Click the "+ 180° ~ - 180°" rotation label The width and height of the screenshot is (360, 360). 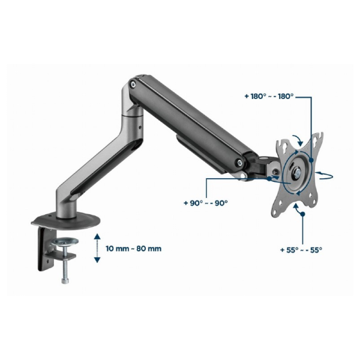[269, 96]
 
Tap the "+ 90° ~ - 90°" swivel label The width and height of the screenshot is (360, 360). [206, 203]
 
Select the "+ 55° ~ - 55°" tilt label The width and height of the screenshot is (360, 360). [301, 250]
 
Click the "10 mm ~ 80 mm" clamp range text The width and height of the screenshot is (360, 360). [133, 248]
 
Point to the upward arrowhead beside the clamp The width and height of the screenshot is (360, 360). [97, 237]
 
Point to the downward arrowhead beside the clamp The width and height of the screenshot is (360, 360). [97, 260]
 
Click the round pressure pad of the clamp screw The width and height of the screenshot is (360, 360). [65, 242]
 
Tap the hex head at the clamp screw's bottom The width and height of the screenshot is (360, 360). [65, 281]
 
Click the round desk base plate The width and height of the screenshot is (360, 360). [65, 221]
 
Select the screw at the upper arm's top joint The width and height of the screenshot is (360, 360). [133, 83]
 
